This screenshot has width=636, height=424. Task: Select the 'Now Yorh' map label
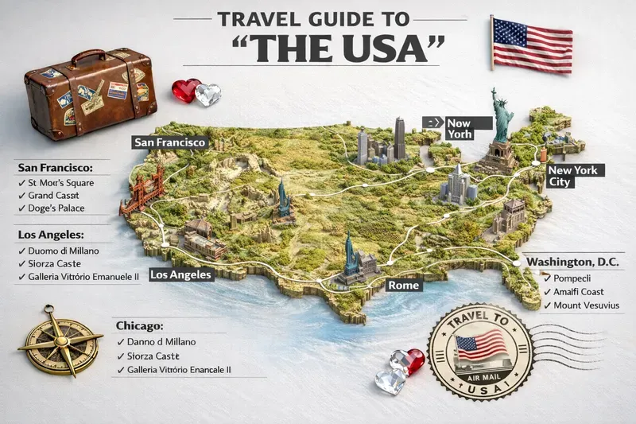pyautogui.click(x=459, y=128)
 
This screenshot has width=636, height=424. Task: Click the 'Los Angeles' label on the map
pyautogui.click(x=180, y=275)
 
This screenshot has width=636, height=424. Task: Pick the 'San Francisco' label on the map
pyautogui.click(x=170, y=142)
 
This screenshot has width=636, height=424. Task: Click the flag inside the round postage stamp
pyautogui.click(x=480, y=344)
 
